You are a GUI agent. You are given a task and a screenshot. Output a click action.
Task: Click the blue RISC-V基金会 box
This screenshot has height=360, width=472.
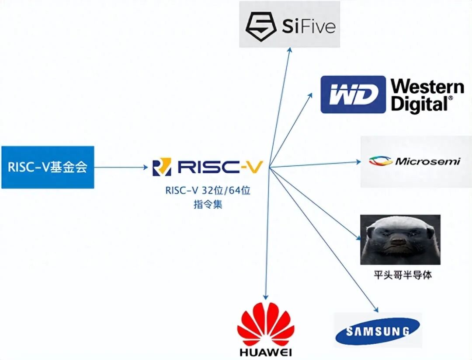48,167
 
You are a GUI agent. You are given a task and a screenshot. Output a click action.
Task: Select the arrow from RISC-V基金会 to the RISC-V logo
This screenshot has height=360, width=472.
120,167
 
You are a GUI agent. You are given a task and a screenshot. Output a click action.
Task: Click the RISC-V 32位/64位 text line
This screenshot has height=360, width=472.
208,191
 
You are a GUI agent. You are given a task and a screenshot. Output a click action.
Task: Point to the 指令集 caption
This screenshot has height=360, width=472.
208,204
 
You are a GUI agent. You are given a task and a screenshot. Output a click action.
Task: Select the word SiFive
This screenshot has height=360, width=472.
308,26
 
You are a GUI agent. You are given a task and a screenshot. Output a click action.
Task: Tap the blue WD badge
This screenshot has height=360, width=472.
354,94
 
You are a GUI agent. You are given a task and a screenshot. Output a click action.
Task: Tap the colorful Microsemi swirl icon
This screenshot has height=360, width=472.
380,161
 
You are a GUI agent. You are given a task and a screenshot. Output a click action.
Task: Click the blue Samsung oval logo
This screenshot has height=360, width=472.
378,331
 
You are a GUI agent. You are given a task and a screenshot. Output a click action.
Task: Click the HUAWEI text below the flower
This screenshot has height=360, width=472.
265,352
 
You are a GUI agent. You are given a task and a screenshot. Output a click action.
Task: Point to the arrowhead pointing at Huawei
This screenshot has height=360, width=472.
265,298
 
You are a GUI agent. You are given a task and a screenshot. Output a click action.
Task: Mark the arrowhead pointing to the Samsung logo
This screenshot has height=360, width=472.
376,309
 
